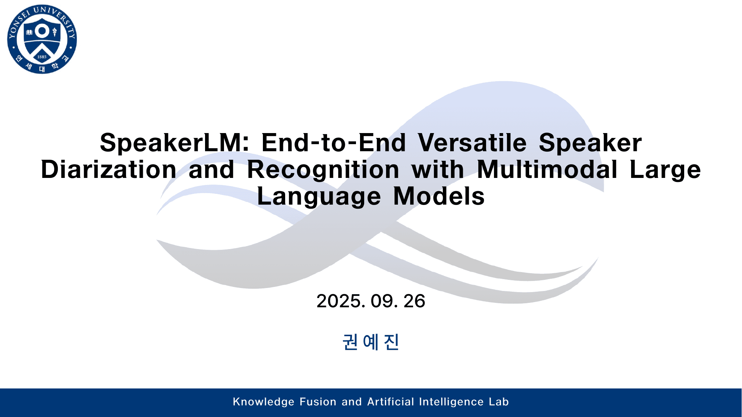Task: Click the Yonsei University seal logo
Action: (42, 39)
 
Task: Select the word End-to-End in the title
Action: (334, 143)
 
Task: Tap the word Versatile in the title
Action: (472, 143)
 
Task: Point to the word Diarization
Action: (109, 170)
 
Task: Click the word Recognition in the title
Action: (323, 170)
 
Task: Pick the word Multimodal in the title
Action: (547, 170)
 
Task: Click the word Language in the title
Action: (319, 196)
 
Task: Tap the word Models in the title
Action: (439, 196)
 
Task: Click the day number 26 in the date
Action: (414, 301)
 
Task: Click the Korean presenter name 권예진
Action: (371, 342)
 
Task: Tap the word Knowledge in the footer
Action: (264, 402)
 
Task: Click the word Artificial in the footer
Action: (390, 402)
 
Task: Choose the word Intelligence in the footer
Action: (451, 402)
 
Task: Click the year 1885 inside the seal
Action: (42, 57)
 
